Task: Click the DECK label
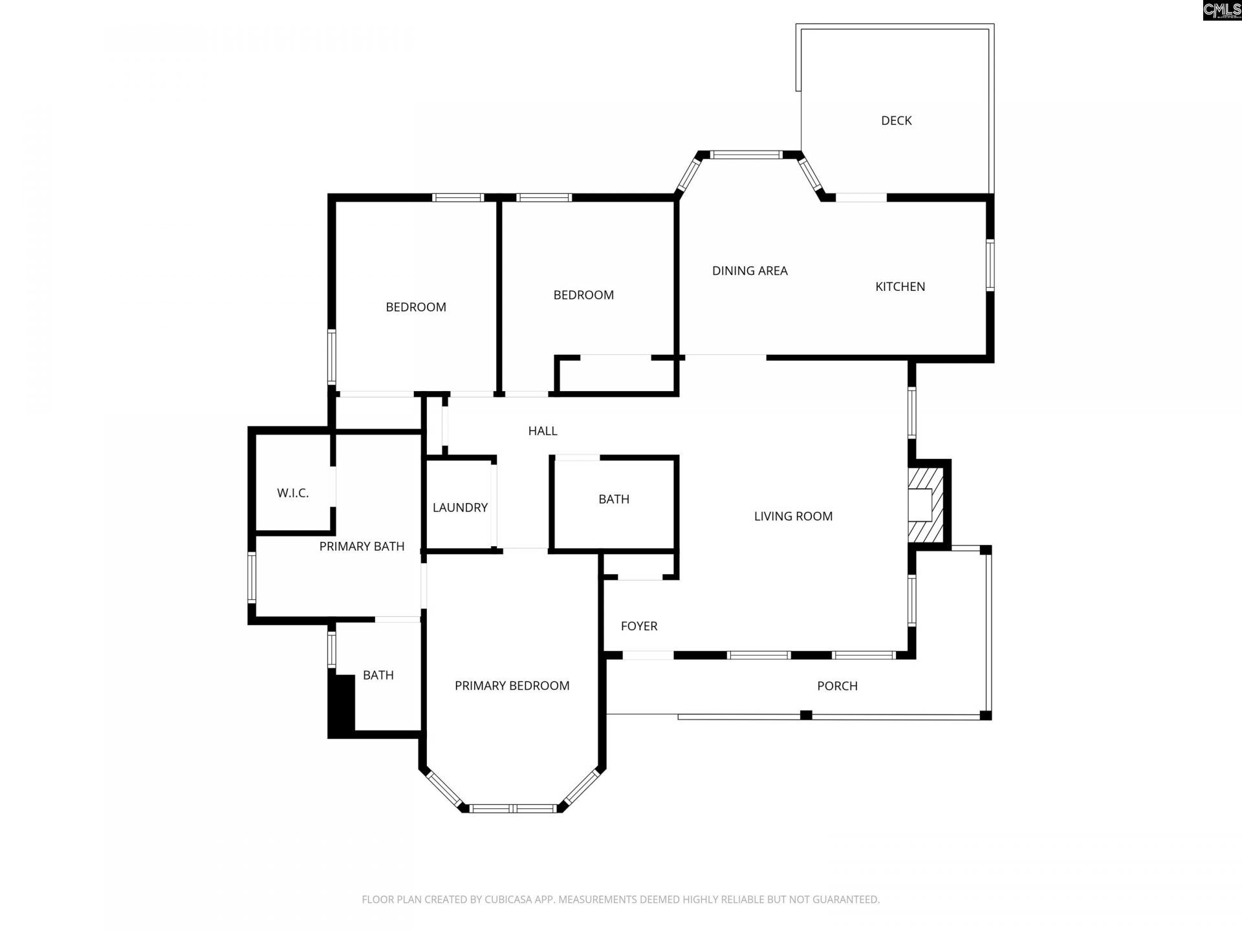coord(896,121)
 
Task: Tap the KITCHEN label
coord(900,286)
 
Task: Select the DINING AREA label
coord(750,271)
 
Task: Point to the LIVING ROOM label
coord(793,516)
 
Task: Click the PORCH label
coord(837,686)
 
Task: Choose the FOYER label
coord(638,626)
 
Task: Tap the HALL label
coord(542,431)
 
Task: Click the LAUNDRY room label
coord(460,508)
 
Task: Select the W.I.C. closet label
coord(292,493)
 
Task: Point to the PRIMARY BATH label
coord(362,546)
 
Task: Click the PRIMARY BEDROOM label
coord(512,686)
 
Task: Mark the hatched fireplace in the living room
coord(926,505)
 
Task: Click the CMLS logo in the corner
coord(1222,10)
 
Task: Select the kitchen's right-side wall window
coord(990,265)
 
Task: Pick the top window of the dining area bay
coord(746,155)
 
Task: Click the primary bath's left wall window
coord(252,577)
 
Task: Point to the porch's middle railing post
coord(806,714)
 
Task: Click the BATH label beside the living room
coord(613,499)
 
